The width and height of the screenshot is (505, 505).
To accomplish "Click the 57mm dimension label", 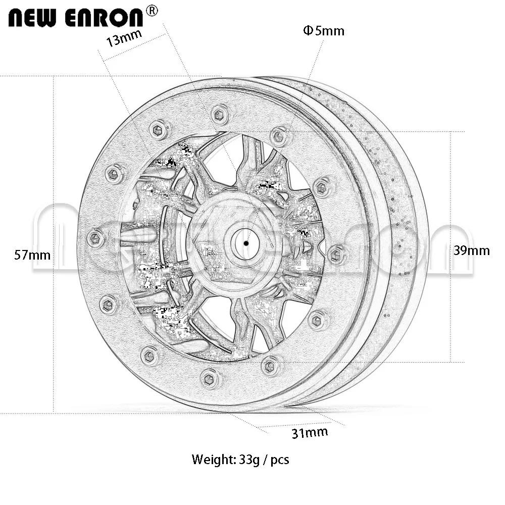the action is pos(32,255).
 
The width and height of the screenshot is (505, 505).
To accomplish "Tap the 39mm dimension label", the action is pos(472,250).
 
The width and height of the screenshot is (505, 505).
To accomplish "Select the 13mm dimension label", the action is pos(124,38).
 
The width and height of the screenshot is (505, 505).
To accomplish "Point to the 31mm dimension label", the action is pos(310,433).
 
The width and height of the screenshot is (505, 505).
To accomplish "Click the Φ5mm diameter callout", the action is pos(324,31).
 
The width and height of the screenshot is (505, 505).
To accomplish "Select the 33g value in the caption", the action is pos(249,460).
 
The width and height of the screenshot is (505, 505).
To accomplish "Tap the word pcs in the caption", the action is pos(280,461).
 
